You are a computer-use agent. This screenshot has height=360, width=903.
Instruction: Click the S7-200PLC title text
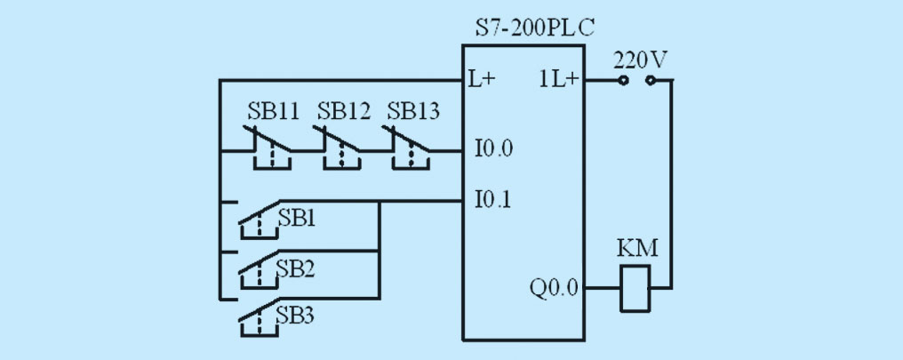tap(534, 28)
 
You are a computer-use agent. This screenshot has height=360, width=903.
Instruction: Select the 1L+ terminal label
tap(558, 79)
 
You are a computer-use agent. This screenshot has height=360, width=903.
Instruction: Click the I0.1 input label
tap(493, 200)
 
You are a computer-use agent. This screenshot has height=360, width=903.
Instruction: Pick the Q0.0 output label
tap(554, 287)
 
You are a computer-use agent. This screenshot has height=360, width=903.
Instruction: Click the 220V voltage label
tap(641, 60)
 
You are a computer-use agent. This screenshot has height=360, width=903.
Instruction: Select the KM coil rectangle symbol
tap(635, 288)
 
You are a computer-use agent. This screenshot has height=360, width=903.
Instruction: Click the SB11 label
tap(274, 111)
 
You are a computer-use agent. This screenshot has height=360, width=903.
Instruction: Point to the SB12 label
tap(344, 111)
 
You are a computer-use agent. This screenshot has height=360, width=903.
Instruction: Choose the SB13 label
tap(413, 111)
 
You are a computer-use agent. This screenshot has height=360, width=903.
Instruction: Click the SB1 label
tap(297, 219)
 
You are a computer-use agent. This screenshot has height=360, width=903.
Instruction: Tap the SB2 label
tap(295, 269)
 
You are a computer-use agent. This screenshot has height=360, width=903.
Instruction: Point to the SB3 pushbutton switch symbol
tap(260, 318)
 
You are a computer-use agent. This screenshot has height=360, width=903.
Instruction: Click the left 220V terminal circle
tap(622, 81)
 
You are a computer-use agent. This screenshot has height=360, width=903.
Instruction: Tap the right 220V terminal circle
tap(651, 81)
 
